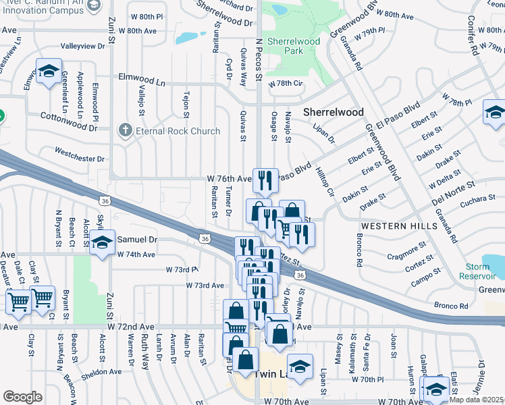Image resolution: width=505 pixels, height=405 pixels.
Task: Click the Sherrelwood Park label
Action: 292,46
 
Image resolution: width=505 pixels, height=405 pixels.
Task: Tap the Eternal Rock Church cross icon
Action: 125,130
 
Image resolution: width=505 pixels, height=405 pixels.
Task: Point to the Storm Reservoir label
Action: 483,271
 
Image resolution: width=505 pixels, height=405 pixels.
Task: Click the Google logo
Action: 22,396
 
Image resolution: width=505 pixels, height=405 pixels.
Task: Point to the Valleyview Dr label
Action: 82,46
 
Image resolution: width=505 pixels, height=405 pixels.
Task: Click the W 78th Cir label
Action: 287,84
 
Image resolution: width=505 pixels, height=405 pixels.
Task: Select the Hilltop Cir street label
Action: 325,182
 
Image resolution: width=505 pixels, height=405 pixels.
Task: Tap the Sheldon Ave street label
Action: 102,371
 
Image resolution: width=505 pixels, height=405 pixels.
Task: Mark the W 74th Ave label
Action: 136,254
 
